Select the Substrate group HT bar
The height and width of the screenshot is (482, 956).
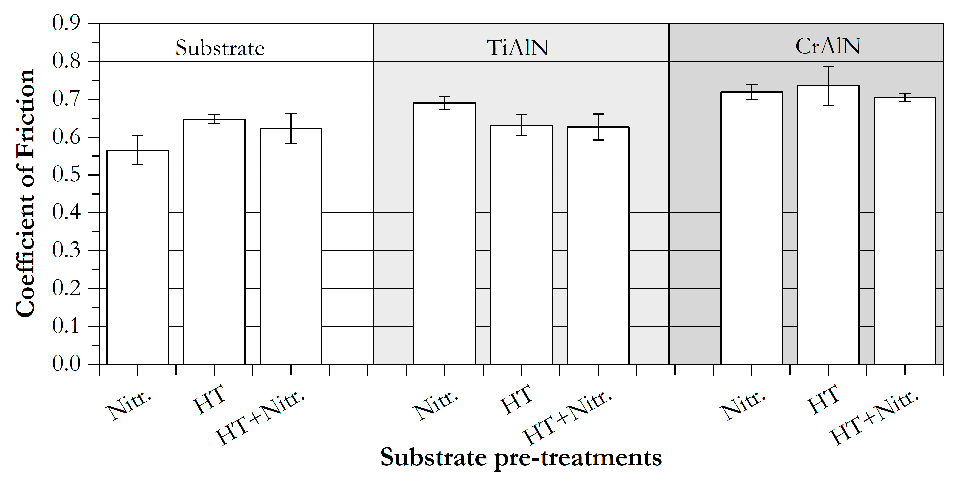point(214,242)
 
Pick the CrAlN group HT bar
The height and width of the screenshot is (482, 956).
point(828,225)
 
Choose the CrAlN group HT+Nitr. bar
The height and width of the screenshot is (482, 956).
point(905,230)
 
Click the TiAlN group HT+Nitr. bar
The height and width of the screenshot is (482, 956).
point(598,245)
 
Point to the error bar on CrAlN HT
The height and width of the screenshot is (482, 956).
point(828,86)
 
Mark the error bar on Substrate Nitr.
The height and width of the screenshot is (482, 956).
point(137,150)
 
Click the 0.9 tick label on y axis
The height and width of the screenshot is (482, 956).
point(66,23)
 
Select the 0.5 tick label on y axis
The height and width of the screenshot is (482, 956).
point(66,174)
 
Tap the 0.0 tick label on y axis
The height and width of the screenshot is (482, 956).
point(66,364)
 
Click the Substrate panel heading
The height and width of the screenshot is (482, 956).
point(220,48)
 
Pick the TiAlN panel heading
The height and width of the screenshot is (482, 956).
point(517,47)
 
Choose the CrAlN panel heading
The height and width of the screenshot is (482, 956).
point(827,46)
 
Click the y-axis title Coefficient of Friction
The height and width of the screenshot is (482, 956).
point(25,193)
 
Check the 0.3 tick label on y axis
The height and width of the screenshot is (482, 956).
point(66,250)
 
